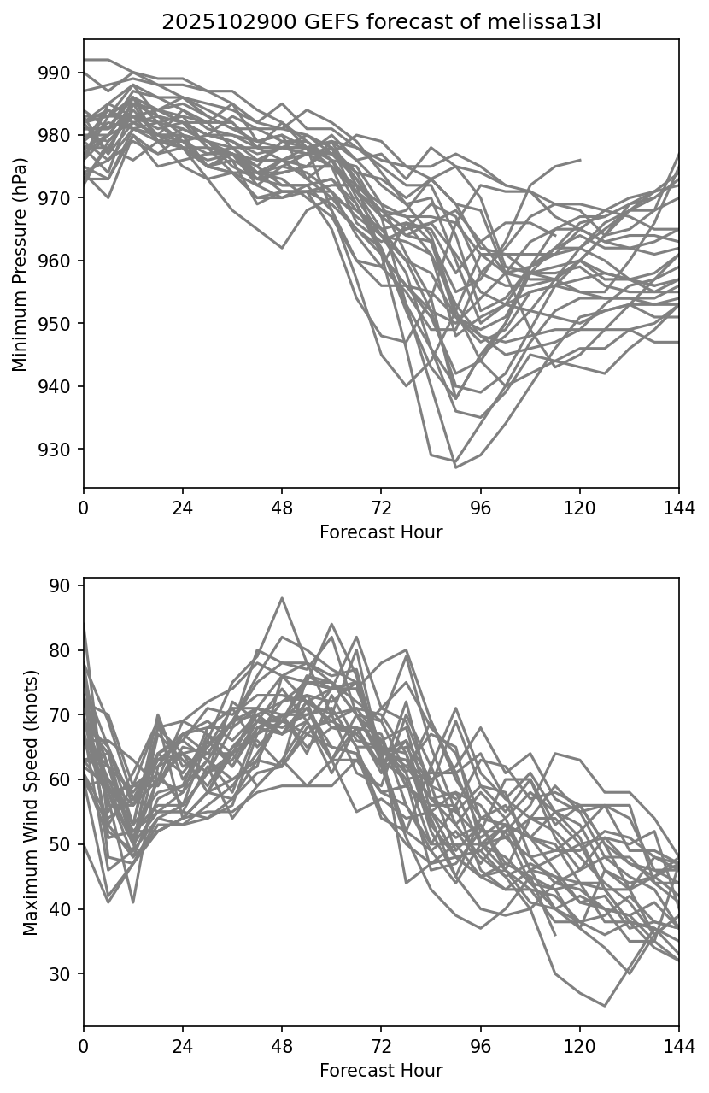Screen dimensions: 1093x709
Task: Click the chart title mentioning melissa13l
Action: [x=381, y=22]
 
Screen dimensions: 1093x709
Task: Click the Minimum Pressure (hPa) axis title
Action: [x=21, y=264]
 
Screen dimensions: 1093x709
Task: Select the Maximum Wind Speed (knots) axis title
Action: [x=31, y=802]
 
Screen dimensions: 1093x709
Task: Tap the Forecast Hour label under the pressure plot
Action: [x=381, y=532]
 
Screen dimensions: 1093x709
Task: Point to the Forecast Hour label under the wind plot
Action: [x=381, y=1071]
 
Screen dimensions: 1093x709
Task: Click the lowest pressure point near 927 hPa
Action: [x=455, y=467]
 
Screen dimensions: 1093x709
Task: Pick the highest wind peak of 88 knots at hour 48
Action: [x=282, y=598]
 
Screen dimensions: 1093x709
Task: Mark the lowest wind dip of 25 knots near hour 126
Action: [x=605, y=1006]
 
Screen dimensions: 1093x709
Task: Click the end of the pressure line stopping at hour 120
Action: [x=580, y=160]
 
